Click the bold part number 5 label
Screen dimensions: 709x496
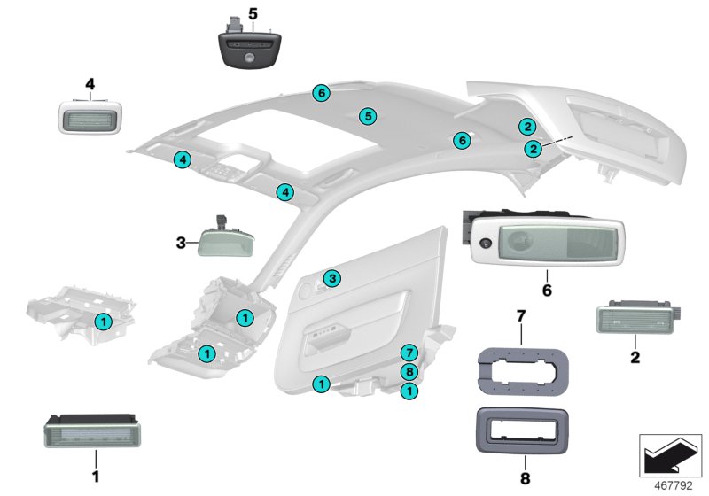[x=253, y=14]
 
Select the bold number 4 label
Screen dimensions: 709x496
[x=90, y=84]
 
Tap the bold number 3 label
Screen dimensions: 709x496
[x=181, y=243]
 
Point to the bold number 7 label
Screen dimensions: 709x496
[x=521, y=316]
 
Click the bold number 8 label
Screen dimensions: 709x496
[x=525, y=478]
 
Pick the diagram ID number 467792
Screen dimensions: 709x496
[x=674, y=485]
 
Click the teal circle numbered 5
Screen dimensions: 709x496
[x=368, y=116]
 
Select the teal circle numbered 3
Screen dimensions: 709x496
[x=332, y=278]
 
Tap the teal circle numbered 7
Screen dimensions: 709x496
[x=409, y=353]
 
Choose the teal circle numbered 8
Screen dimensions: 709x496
[x=409, y=372]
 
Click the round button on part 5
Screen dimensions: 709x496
[x=248, y=57]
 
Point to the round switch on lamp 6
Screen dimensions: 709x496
[x=485, y=243]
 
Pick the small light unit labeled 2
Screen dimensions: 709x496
[x=636, y=317]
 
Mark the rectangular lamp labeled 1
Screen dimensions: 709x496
[x=92, y=431]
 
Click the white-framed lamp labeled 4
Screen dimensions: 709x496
[x=90, y=117]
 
